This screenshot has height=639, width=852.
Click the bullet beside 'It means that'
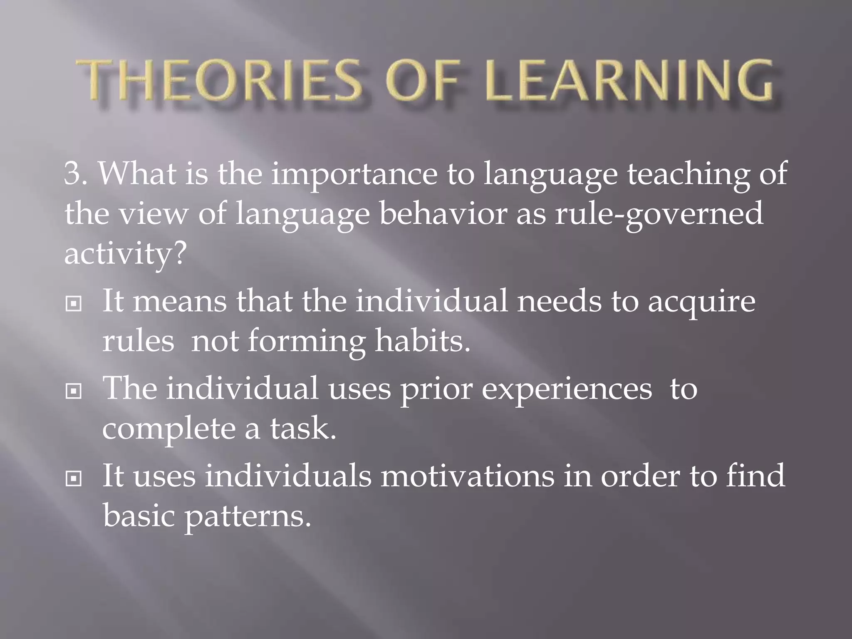pos(74,304)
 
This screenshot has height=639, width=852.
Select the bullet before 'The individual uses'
pos(74,391)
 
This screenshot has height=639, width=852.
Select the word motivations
pos(467,476)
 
